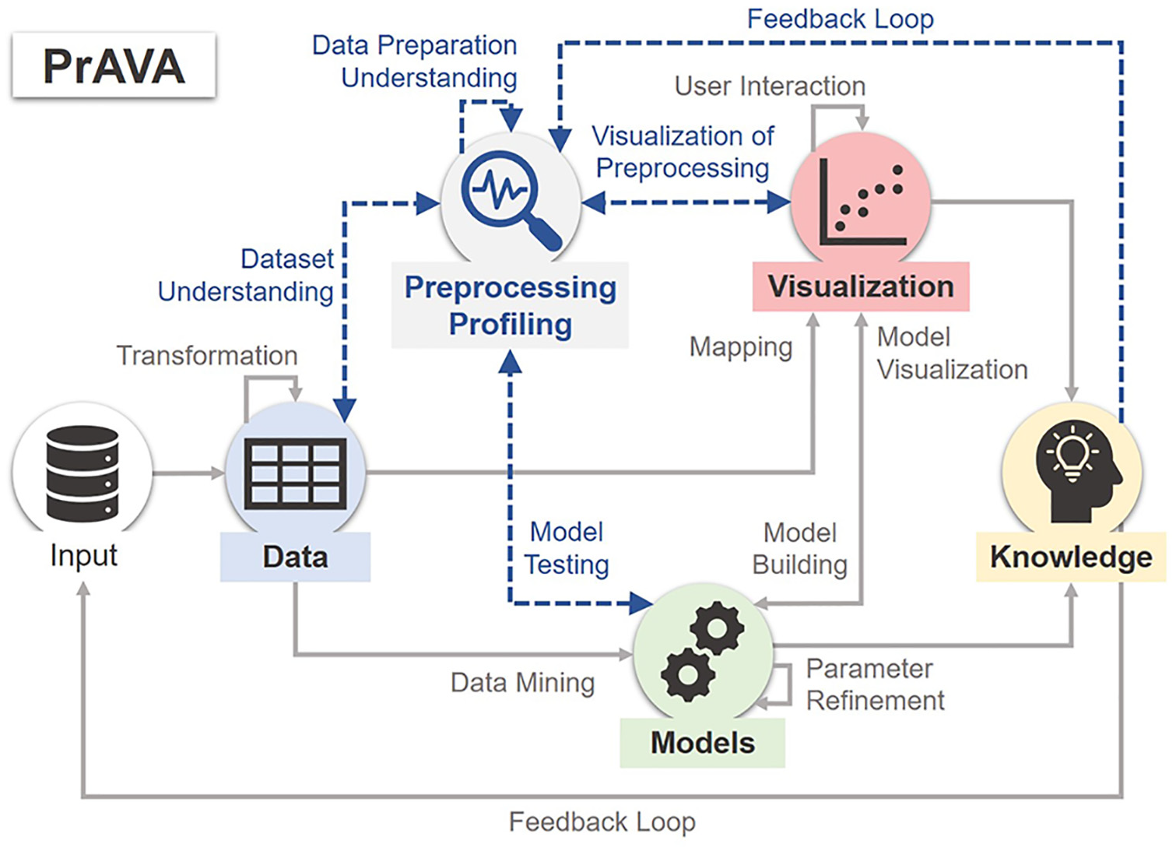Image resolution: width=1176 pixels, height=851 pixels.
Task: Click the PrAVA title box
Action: pos(114,65)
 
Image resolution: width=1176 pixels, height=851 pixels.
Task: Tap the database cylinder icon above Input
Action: pos(82,474)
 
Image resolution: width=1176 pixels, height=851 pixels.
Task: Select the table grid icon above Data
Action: pos(296,474)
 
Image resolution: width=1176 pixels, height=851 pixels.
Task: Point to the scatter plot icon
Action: pos(862,202)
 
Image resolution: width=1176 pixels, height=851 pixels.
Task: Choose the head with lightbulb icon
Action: pos(1075,471)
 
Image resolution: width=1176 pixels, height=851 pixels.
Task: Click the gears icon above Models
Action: pos(703,652)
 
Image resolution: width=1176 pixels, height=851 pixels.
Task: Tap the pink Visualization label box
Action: pos(861,287)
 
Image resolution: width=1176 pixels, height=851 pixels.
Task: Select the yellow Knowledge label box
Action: pos(1071,557)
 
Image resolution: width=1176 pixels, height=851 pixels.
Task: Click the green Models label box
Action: pos(703,743)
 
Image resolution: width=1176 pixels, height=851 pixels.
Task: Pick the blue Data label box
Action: pos(295,557)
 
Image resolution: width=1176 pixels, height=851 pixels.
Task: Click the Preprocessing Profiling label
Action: pos(511,305)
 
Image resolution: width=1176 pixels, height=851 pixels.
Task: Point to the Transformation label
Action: pos(207,356)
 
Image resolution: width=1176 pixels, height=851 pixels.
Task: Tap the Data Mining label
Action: pos(523,683)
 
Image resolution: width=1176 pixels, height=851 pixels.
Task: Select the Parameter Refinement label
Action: pos(875,684)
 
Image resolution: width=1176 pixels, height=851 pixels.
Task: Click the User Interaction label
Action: pos(771,86)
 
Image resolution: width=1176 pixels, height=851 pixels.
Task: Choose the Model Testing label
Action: pos(567,548)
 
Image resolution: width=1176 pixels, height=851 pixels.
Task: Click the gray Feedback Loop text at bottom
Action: pos(602,821)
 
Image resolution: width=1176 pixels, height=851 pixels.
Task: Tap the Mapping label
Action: pos(741,347)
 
